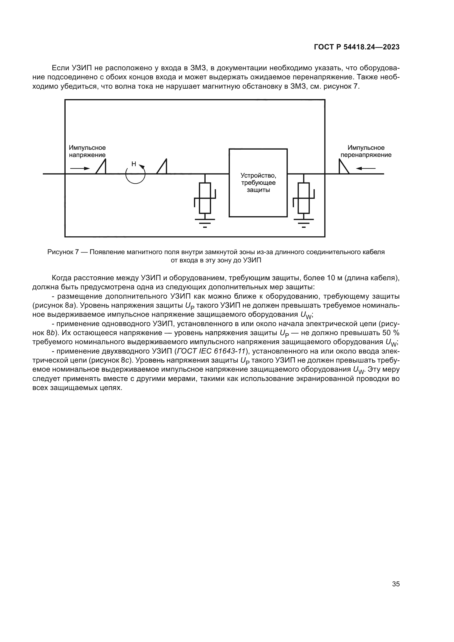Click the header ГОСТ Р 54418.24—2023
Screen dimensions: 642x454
coord(357,47)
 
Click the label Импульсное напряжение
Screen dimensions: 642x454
coord(87,151)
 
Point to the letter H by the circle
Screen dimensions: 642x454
coord(134,164)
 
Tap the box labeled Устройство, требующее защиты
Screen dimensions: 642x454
coord(258,183)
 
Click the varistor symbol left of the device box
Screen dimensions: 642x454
coord(205,198)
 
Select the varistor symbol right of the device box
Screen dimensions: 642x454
coord(304,198)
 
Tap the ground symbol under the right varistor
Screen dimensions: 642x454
coord(304,223)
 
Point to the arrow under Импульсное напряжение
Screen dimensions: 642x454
coord(80,168)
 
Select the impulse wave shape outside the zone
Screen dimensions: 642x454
coord(344,167)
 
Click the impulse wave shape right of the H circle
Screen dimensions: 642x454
coord(162,167)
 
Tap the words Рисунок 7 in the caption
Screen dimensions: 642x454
coord(63,252)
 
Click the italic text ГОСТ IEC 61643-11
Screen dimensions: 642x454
coord(211,351)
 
